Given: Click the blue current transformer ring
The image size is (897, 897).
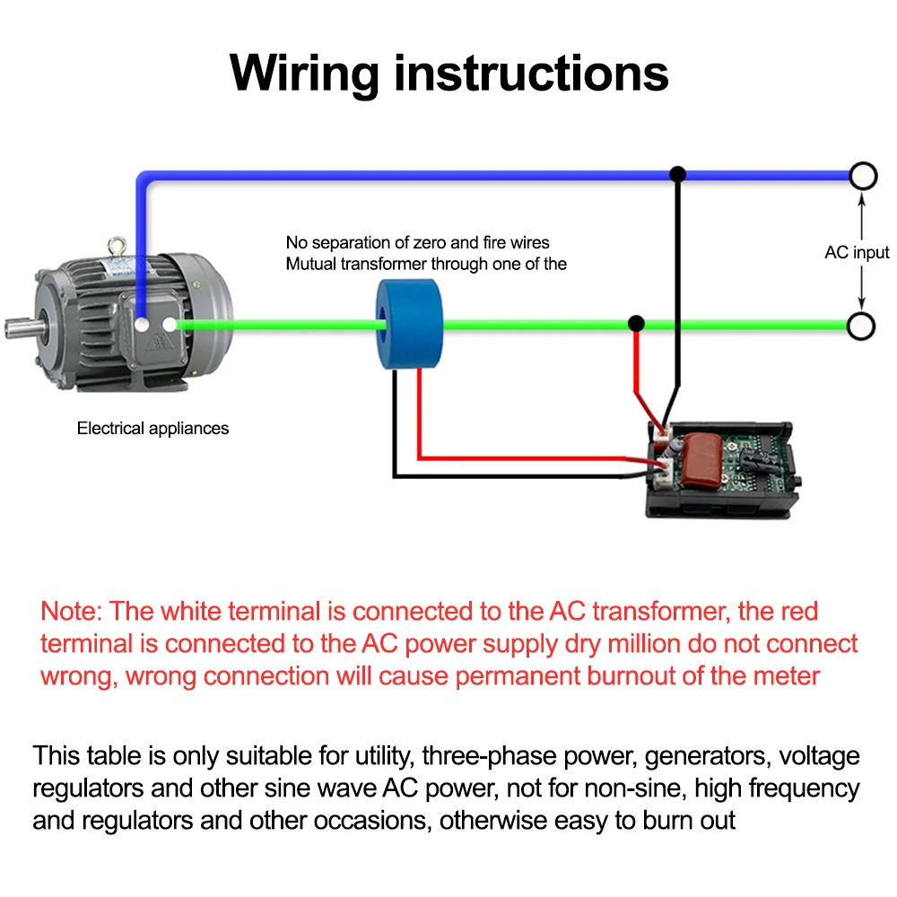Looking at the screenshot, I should pyautogui.click(x=410, y=325).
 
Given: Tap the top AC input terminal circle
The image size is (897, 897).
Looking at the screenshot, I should pyautogui.click(x=862, y=176).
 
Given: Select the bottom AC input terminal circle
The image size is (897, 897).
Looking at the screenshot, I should pyautogui.click(x=862, y=326).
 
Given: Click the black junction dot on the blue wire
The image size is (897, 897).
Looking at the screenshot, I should pyautogui.click(x=678, y=172).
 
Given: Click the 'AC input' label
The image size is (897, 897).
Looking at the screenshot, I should pyautogui.click(x=857, y=252).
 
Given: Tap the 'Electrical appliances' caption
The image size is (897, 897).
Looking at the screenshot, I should pyautogui.click(x=152, y=428).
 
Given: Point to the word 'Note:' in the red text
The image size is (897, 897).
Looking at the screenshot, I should pyautogui.click(x=73, y=612).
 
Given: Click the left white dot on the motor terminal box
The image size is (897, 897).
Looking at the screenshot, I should pyautogui.click(x=142, y=324).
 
